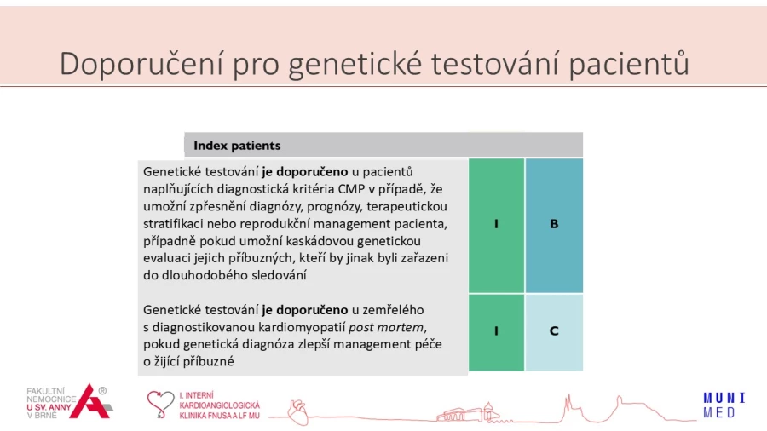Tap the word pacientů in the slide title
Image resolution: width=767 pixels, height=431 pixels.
629,64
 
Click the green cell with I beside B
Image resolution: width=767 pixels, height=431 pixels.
497,225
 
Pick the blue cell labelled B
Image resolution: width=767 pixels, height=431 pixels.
554,225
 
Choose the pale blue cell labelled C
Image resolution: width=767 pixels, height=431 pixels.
554,332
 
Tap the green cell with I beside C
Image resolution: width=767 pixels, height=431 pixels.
497,332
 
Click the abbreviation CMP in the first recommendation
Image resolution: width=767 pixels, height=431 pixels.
351,189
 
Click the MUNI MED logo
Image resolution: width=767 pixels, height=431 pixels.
724,405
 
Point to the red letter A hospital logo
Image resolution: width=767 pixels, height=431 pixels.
90,402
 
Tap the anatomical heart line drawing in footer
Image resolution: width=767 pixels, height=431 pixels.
297,412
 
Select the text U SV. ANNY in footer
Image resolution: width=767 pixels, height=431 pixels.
49,407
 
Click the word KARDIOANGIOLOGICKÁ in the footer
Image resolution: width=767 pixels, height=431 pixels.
219,405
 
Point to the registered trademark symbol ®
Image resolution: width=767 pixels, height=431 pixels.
102,390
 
